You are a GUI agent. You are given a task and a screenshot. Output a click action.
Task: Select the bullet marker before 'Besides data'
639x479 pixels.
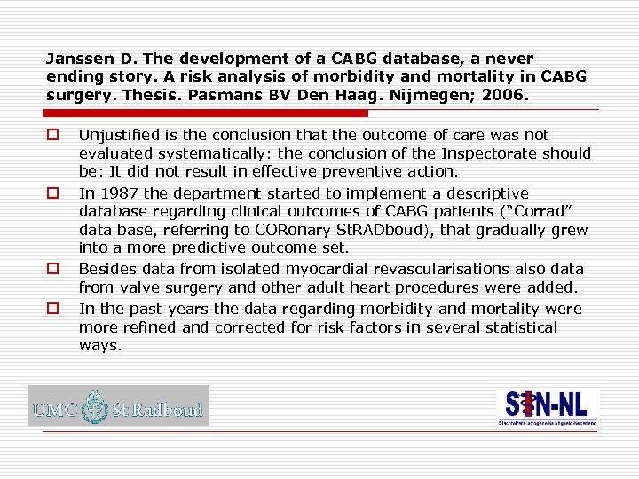[52, 269]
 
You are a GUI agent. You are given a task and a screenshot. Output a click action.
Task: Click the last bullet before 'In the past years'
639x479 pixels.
[52, 309]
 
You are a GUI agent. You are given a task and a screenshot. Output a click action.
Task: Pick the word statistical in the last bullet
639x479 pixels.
[518, 326]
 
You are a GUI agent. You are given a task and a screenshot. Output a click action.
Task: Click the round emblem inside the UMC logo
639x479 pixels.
[92, 409]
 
